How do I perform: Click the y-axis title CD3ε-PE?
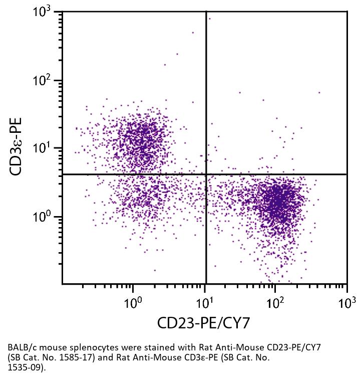click(19, 146)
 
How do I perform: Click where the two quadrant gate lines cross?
click(206, 174)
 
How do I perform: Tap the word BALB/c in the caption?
click(22, 347)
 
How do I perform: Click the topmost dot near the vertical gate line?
click(209, 19)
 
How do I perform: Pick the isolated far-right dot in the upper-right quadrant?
click(319, 92)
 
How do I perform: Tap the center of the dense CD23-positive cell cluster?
click(280, 201)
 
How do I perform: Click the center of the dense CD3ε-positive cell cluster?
click(140, 138)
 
